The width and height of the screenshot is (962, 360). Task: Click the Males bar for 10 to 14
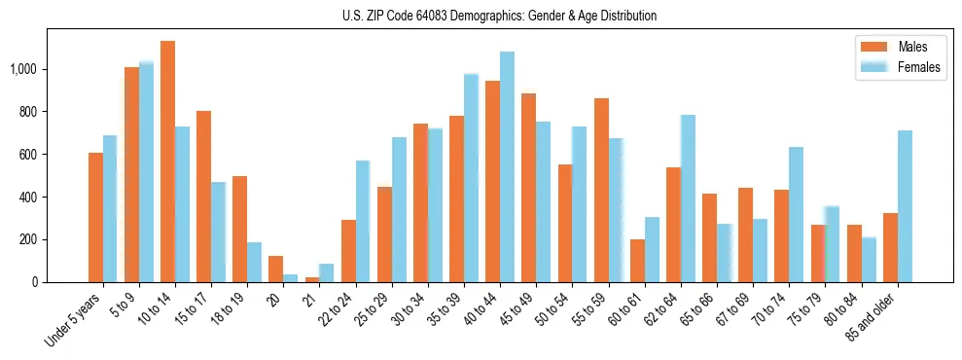(167, 162)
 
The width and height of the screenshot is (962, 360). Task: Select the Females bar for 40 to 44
(507, 166)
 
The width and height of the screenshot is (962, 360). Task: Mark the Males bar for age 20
(275, 269)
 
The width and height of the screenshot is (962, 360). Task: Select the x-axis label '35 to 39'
(445, 308)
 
